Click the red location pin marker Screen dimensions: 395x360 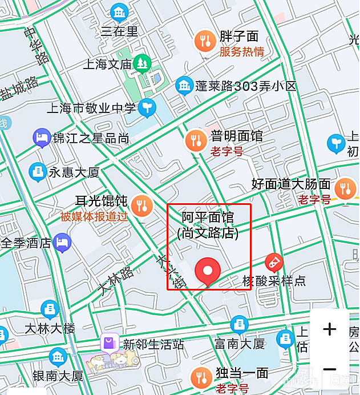[x=208, y=271]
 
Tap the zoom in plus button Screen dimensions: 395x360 [x=330, y=329]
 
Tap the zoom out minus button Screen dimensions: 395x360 [x=330, y=369]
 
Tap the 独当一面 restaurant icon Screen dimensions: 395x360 [x=200, y=377]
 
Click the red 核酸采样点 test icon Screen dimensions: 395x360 [x=274, y=263]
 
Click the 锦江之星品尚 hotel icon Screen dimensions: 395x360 [x=41, y=137]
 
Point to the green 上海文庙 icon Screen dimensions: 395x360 [x=141, y=63]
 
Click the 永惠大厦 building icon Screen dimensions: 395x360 [x=38, y=171]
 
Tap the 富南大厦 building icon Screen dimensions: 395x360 [x=239, y=326]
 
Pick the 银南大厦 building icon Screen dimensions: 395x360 [x=57, y=358]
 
